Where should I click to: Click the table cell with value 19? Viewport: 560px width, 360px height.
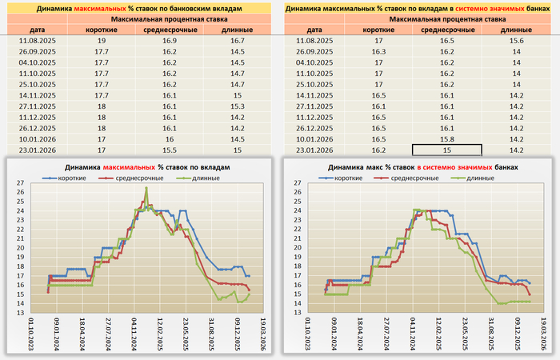(x=102, y=39)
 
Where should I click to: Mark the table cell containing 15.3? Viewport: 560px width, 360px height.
(x=236, y=106)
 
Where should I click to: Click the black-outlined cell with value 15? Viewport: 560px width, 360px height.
(x=447, y=150)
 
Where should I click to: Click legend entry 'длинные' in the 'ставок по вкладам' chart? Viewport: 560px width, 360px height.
(x=211, y=176)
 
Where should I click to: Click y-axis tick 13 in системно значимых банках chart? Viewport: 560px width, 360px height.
(x=298, y=313)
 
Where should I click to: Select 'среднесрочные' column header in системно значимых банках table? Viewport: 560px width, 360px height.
(x=447, y=29)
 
